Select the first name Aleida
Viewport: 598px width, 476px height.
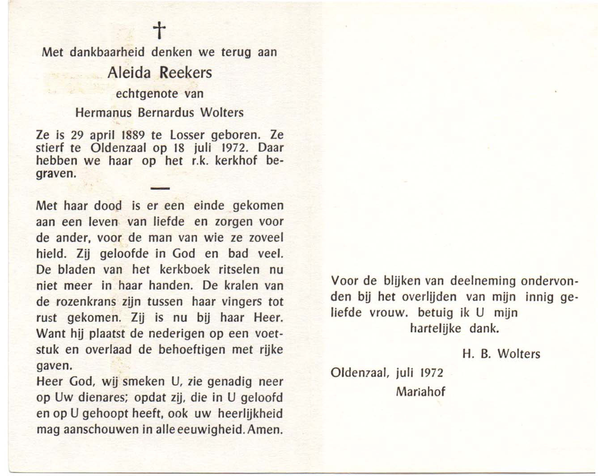(129, 72)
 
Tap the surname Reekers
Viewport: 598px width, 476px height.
(186, 72)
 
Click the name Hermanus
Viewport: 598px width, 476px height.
(103, 113)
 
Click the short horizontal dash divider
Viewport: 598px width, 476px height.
(160, 188)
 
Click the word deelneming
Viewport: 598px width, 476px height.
(478, 281)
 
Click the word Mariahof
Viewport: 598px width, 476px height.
(420, 391)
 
